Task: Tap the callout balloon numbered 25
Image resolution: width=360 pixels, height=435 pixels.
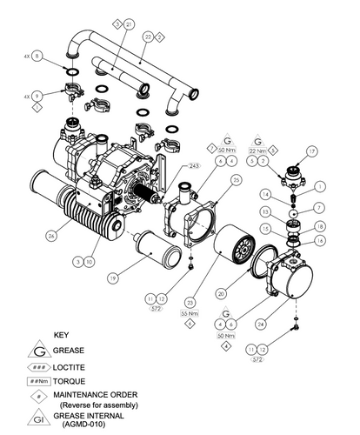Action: coord(236,180)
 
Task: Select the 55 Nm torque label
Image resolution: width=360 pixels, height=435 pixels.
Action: coord(188,314)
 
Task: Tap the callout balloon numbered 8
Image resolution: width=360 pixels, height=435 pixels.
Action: coord(37,55)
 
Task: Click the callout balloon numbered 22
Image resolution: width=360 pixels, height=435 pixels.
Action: coord(149,37)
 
